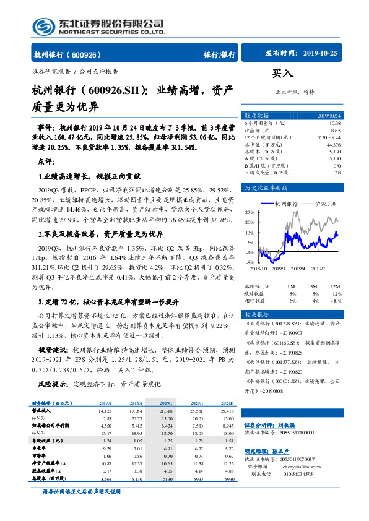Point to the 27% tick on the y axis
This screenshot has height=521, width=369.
coord(250,212)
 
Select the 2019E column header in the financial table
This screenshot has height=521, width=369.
coord(166,402)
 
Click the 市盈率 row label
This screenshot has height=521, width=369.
coord(40,447)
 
